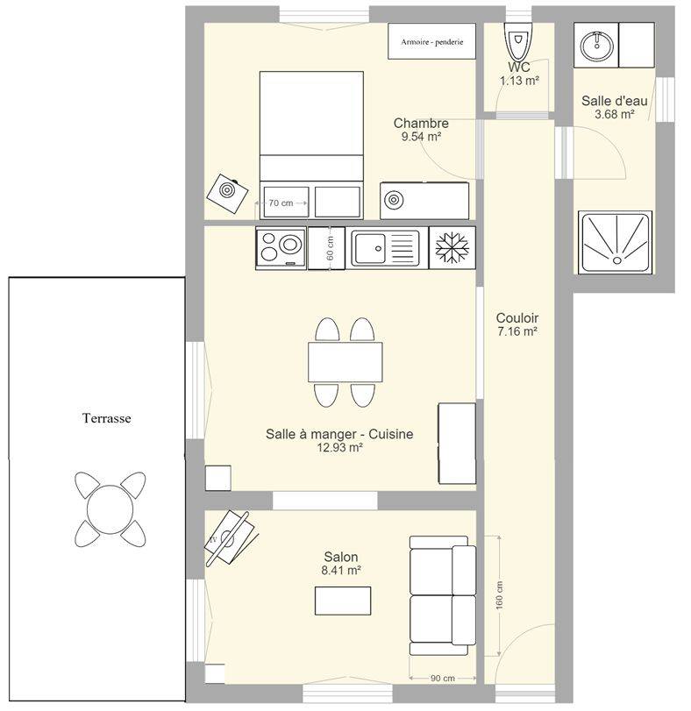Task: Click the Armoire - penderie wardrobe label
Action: (x=431, y=42)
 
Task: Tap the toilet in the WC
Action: (x=517, y=41)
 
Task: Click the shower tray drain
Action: (x=616, y=260)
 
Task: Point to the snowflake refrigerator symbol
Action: (x=452, y=247)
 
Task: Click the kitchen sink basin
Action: (x=370, y=248)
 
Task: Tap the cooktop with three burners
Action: (x=281, y=247)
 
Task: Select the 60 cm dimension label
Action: (x=330, y=248)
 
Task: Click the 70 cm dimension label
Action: (x=281, y=203)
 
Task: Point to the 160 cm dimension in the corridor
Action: (x=499, y=594)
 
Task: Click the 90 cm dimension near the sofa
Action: (x=443, y=679)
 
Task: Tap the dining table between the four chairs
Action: (x=345, y=362)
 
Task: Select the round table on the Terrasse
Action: (x=110, y=509)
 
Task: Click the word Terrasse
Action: (x=107, y=417)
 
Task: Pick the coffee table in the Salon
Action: (x=343, y=601)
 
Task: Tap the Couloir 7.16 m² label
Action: (x=517, y=324)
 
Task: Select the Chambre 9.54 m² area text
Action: (x=421, y=130)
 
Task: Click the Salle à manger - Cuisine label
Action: (x=339, y=434)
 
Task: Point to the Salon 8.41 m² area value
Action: (x=341, y=570)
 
